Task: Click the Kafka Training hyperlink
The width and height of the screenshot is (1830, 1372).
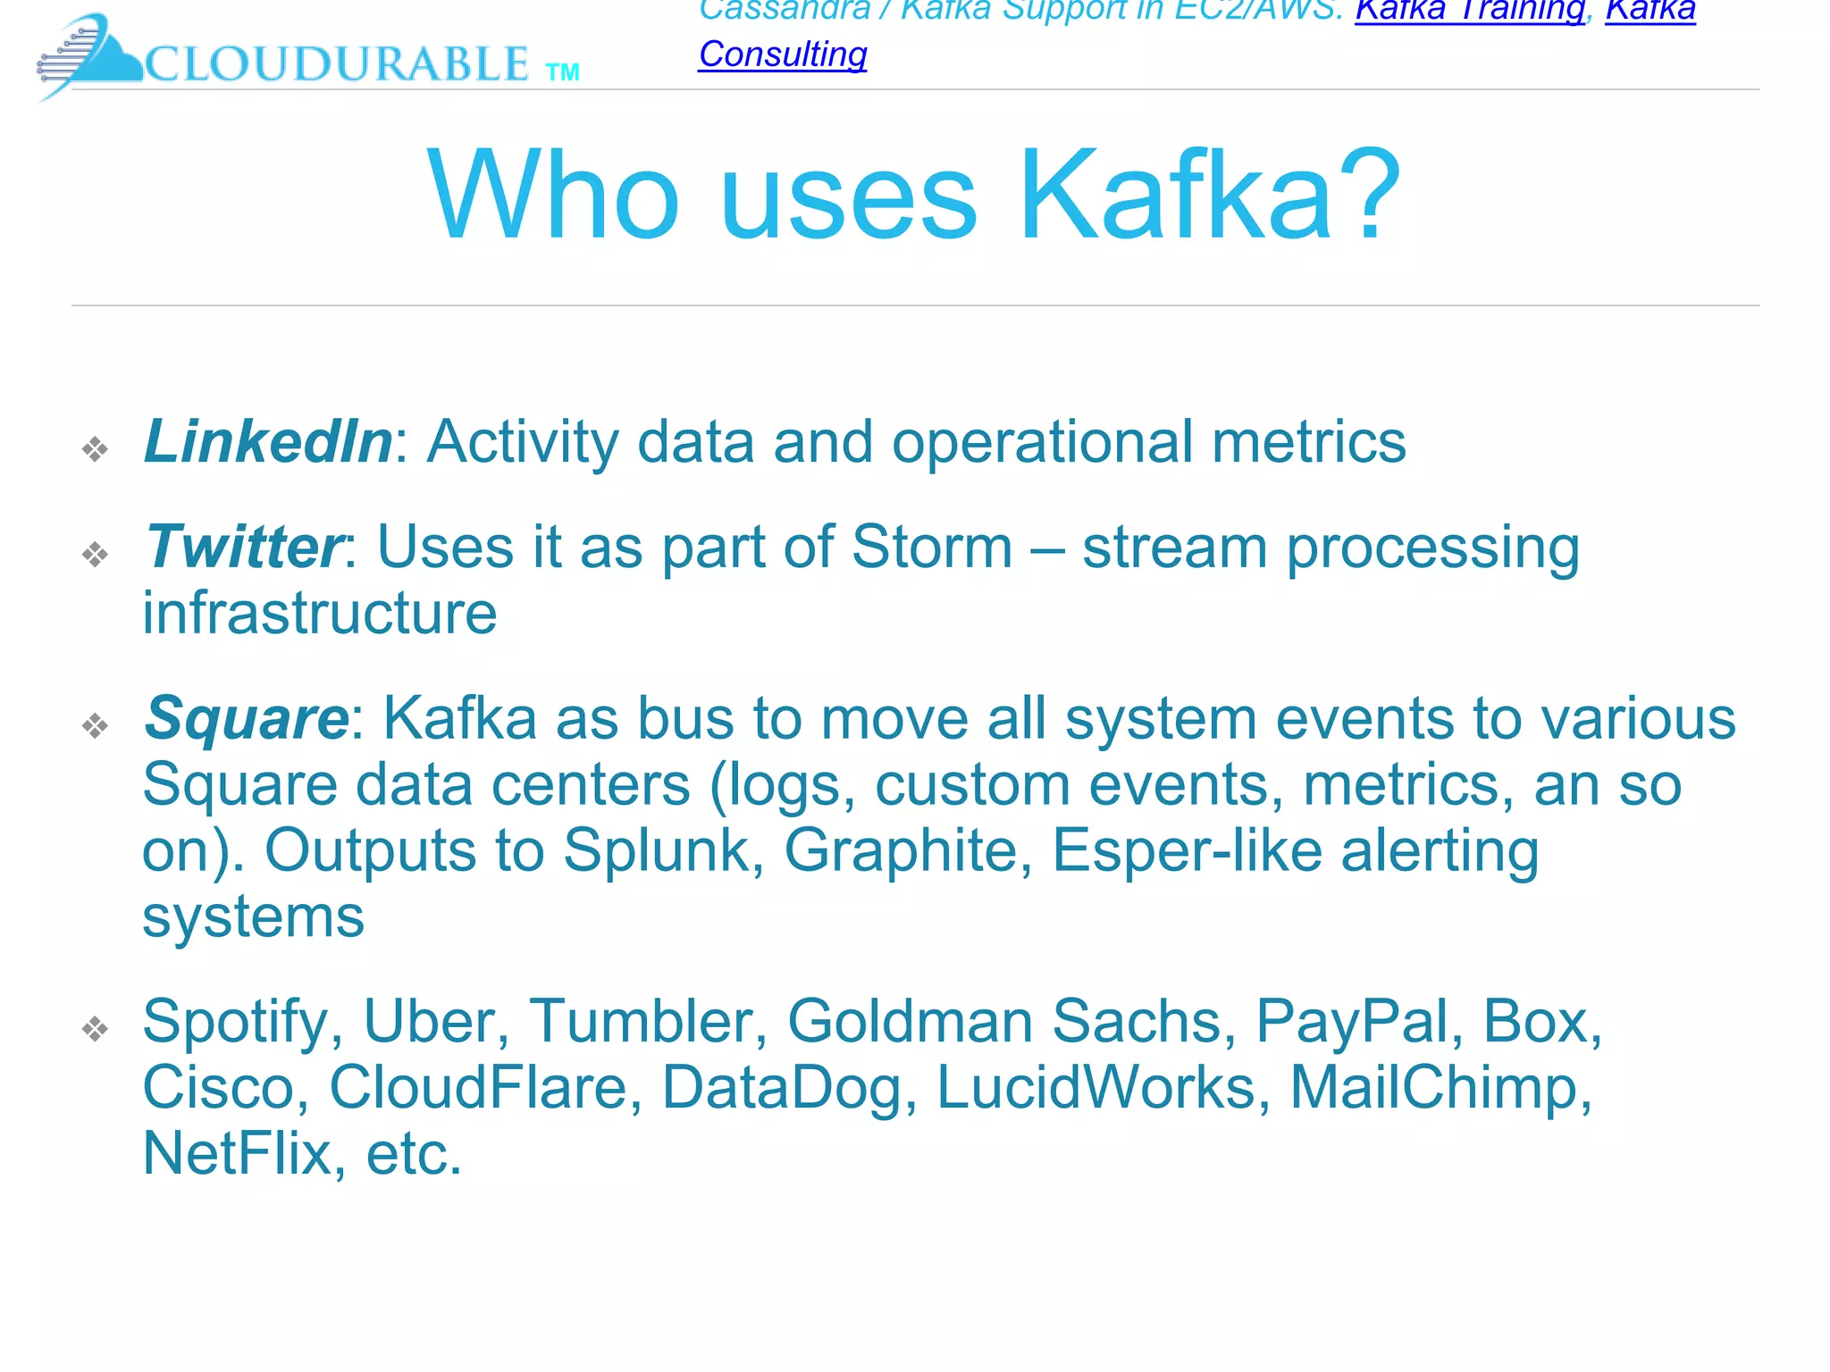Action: (1469, 11)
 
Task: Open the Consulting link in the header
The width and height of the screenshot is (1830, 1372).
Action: (783, 54)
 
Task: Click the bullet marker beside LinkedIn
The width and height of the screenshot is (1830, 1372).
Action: (95, 448)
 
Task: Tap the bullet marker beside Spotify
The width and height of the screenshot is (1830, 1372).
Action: (95, 1029)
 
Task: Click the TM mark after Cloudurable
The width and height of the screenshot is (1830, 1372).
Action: (563, 72)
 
